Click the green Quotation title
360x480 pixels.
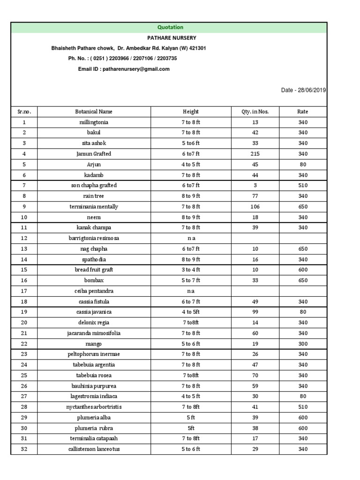170,28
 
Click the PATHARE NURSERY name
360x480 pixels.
172,38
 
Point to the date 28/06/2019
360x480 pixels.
311,90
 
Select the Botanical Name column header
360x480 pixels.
94,112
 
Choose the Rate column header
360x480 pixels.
303,112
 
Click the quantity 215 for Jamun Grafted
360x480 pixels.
255,154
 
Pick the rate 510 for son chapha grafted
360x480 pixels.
303,186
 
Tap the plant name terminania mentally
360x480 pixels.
94,207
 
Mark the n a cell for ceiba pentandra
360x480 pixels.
191,291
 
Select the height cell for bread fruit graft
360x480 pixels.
191,270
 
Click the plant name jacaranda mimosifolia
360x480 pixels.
94,333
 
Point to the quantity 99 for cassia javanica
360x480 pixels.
255,312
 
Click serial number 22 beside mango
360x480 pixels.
24,344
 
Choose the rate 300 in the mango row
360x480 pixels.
303,344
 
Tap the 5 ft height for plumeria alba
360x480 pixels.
191,418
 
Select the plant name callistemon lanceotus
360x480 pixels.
94,450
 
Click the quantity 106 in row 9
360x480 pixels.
255,207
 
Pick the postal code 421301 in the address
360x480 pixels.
196,48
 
